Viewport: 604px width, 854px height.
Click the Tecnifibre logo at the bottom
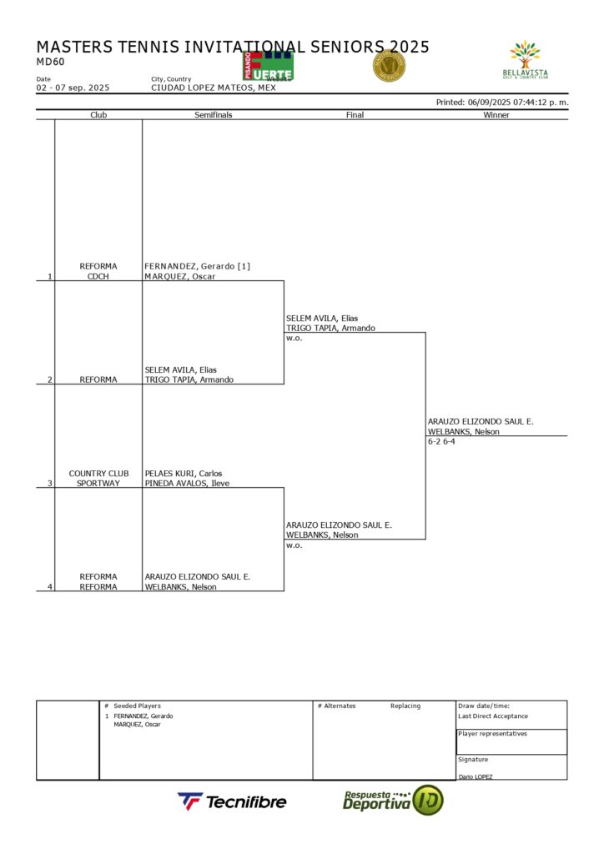point(232,801)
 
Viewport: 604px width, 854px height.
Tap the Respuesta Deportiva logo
point(392,801)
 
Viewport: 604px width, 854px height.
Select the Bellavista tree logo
point(526,60)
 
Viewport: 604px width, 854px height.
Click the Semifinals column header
point(213,115)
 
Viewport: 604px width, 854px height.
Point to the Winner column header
point(496,115)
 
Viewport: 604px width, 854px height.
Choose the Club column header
point(98,115)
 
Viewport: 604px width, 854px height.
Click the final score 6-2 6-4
point(441,441)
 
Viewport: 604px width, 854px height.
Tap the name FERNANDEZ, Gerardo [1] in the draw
point(197,266)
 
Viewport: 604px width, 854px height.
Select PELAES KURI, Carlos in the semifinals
point(183,473)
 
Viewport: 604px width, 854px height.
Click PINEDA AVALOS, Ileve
point(187,483)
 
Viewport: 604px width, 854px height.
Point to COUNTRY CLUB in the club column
point(98,473)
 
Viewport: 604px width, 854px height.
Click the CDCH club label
point(98,276)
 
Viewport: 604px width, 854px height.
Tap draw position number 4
point(49,586)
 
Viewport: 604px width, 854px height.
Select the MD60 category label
point(50,62)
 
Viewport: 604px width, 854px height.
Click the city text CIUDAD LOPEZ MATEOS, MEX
point(213,88)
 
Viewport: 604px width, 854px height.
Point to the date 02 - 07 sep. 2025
point(73,88)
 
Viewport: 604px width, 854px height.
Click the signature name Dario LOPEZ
point(476,776)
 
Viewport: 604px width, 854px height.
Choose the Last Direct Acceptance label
point(493,716)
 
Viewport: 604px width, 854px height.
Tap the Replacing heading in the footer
point(405,706)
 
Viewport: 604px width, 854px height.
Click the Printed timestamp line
point(502,103)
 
